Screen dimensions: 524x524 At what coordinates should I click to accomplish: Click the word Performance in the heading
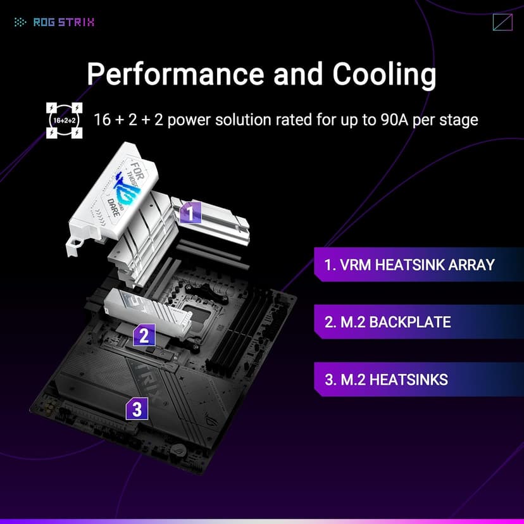pos(175,74)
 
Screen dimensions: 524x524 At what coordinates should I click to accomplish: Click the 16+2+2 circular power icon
pos(64,119)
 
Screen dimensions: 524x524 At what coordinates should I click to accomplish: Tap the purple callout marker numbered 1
pos(190,213)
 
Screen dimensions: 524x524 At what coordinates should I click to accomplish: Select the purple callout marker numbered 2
pos(144,334)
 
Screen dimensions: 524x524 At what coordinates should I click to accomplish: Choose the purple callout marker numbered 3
pos(137,409)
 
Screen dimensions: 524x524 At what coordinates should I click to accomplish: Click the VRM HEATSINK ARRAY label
pos(409,265)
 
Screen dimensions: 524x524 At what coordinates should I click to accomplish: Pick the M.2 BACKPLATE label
pos(387,321)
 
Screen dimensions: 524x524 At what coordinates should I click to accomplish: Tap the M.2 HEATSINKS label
pos(385,380)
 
